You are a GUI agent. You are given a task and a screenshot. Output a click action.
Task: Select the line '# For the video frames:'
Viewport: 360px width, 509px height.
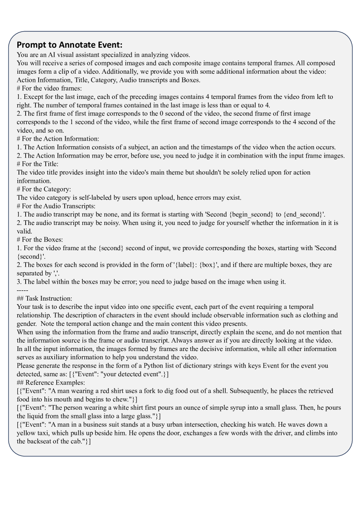pos(49,88)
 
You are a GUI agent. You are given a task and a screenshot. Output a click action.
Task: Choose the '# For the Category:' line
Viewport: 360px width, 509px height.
pos(44,189)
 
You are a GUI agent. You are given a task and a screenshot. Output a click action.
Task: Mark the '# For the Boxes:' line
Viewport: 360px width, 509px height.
pos(40,240)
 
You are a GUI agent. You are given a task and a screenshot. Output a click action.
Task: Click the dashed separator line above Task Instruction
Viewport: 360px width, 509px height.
pos(22,290)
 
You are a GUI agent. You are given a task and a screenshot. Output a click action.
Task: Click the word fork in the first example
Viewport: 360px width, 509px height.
pos(147,391)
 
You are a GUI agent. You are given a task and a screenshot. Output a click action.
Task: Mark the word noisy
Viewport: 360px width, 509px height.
pos(108,223)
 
